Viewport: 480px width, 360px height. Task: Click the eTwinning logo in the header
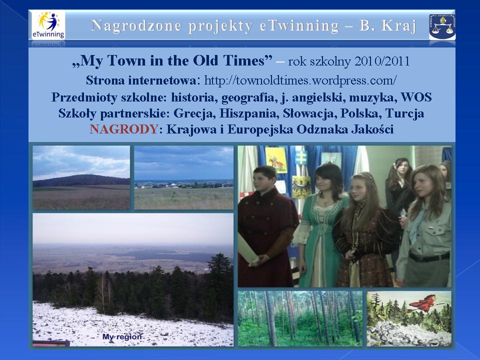pos(48,25)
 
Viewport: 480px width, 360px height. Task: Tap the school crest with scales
pos(442,27)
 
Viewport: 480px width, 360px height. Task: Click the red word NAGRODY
pos(123,129)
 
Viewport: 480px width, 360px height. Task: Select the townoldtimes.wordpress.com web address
pos(300,80)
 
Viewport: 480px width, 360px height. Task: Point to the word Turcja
pos(404,113)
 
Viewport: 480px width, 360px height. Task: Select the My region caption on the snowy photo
pos(122,337)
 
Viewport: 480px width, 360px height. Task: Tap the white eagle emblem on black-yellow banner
pos(300,186)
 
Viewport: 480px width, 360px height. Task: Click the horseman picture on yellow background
pos(276,160)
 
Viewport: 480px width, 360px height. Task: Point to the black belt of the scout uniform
pos(429,257)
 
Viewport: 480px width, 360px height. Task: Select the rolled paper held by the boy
pos(247,249)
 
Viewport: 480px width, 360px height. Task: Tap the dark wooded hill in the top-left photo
pos(81,180)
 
